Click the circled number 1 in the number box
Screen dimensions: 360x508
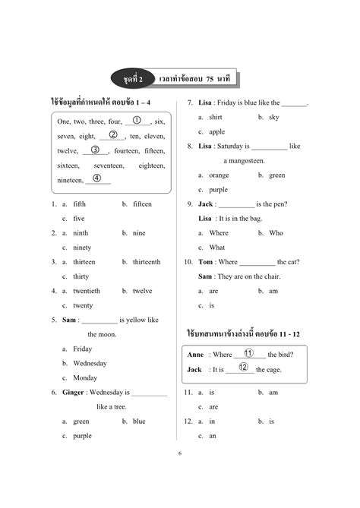click(137, 120)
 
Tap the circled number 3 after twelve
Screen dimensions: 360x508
click(95, 150)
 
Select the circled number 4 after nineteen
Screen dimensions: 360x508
click(97, 178)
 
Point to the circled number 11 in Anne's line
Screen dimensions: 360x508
click(248, 353)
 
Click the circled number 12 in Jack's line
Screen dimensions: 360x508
click(243, 368)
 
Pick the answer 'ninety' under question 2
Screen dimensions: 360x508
click(82, 248)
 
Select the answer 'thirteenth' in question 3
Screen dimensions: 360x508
click(146, 262)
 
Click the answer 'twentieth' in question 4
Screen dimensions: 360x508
click(86, 291)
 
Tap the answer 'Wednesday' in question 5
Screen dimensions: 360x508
click(90, 363)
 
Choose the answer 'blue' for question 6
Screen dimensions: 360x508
click(139, 421)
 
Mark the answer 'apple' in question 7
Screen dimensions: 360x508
click(216, 131)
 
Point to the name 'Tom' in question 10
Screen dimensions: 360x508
click(205, 262)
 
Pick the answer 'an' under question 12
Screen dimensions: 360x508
click(213, 436)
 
